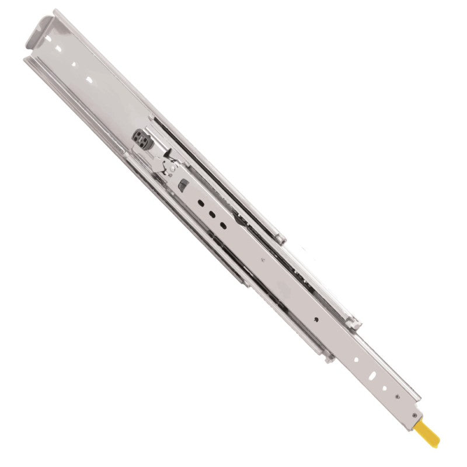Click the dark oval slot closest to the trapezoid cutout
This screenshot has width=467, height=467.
(x=200, y=202)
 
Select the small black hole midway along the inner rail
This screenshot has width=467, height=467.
(x=316, y=319)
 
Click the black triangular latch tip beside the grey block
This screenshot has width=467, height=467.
(x=168, y=153)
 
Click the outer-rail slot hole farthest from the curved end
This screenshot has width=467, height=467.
(x=89, y=79)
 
